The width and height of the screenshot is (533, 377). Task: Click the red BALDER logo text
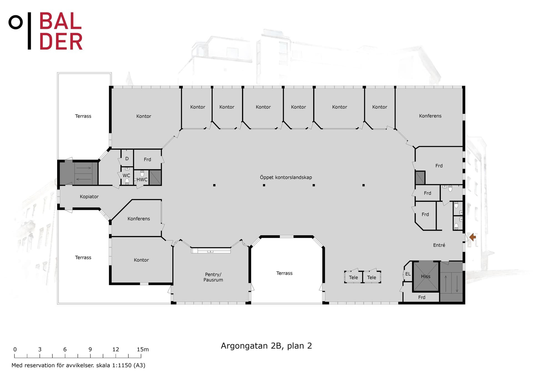point(61,31)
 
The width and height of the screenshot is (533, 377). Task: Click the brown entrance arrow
point(472,237)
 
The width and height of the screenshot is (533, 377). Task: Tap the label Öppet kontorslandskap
point(286,177)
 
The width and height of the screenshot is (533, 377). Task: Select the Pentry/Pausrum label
point(213,277)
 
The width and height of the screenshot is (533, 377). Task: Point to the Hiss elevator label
point(426,277)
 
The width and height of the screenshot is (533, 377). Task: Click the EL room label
point(408,274)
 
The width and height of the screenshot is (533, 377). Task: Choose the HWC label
point(142,180)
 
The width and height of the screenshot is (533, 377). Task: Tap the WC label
point(126,175)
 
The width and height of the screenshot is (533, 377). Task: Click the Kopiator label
point(89,197)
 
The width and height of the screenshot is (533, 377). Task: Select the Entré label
point(439,245)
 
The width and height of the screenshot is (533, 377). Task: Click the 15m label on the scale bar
point(143,350)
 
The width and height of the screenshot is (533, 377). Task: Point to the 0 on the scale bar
point(15,350)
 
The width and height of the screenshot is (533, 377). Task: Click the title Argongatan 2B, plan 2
point(266,346)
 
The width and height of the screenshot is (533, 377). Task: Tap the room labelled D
point(127,159)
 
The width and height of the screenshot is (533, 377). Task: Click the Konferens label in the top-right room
point(430,116)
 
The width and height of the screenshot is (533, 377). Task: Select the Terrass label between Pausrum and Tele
point(284,273)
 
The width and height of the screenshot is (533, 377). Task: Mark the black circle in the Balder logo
point(16,22)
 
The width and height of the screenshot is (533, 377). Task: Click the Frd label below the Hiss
point(422,297)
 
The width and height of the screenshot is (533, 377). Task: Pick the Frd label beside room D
point(147,160)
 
